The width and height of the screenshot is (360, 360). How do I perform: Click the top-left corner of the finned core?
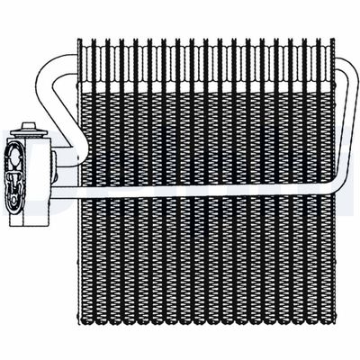tap(78, 40)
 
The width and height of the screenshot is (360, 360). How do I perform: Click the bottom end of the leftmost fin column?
tap(84, 320)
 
